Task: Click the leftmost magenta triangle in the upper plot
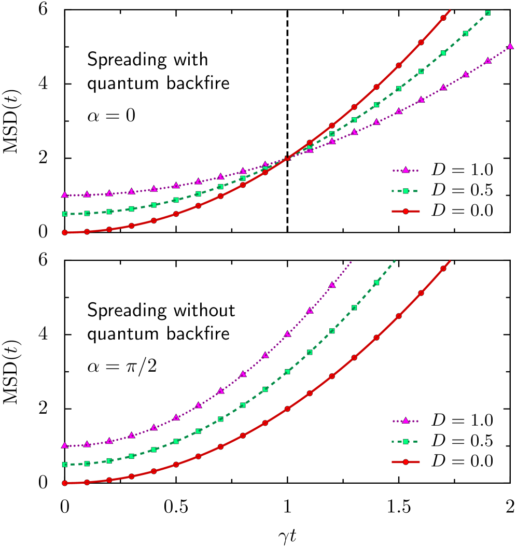[x=65, y=195]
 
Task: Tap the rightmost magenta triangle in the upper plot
[x=510, y=46]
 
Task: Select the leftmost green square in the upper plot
[x=65, y=214]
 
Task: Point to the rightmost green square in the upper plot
[x=488, y=13]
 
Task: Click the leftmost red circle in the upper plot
[x=65, y=232]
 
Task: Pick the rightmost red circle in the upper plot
[x=443, y=18]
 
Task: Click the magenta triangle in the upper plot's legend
[x=406, y=170]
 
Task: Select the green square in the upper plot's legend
[x=406, y=191]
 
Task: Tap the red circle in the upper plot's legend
[x=406, y=211]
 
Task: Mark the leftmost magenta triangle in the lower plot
[x=65, y=445]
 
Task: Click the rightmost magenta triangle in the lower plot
[x=332, y=285]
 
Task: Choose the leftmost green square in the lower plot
[x=65, y=465]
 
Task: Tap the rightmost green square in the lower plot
[x=376, y=283]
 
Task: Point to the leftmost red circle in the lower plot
[x=65, y=483]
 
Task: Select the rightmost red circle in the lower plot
[x=443, y=269]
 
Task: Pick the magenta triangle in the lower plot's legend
[x=406, y=420]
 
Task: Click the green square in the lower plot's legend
[x=406, y=441]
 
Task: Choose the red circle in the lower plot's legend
[x=406, y=461]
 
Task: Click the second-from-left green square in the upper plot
[x=87, y=213]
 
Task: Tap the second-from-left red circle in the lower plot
[x=87, y=482]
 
